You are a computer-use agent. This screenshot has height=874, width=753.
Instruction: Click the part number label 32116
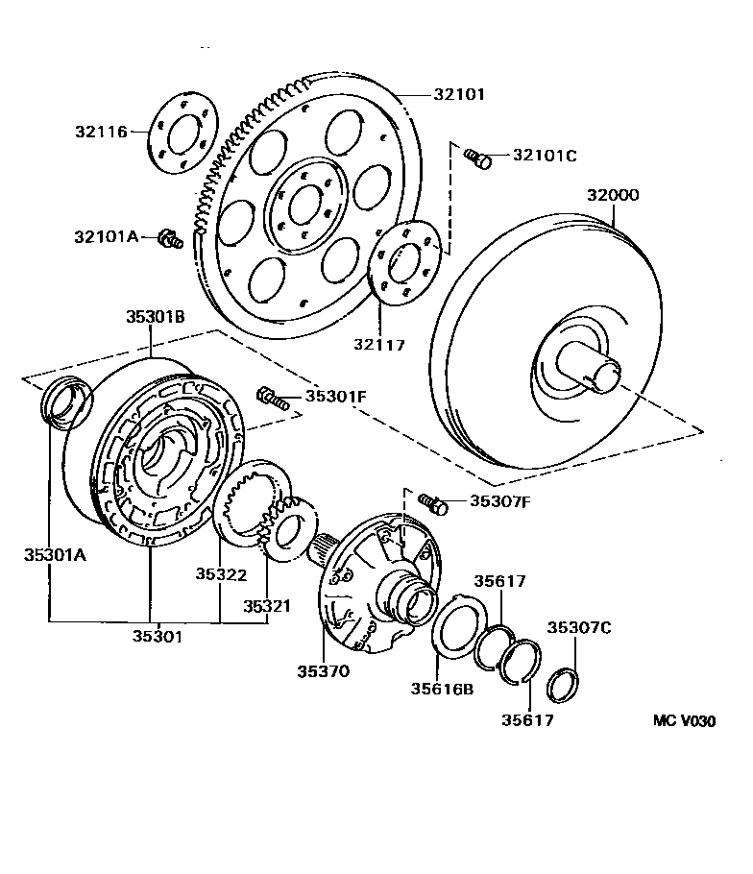click(x=101, y=132)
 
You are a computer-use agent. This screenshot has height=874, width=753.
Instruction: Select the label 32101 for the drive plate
click(x=458, y=95)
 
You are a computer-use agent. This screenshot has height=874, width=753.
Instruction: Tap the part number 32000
click(x=613, y=195)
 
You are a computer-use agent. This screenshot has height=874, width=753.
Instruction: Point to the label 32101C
click(x=545, y=155)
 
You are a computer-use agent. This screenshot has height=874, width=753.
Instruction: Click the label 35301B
click(x=155, y=316)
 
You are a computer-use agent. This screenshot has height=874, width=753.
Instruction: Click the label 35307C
click(x=579, y=628)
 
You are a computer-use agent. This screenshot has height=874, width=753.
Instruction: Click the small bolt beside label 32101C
click(x=477, y=158)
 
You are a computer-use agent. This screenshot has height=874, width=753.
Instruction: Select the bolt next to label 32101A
click(x=170, y=237)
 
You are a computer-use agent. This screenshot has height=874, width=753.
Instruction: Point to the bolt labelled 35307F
click(x=432, y=502)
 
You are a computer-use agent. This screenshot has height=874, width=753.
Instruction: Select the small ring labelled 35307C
click(x=560, y=685)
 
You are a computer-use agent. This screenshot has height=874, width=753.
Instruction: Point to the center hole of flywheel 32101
click(x=304, y=204)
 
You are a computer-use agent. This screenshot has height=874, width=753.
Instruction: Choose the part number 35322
click(x=222, y=575)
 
